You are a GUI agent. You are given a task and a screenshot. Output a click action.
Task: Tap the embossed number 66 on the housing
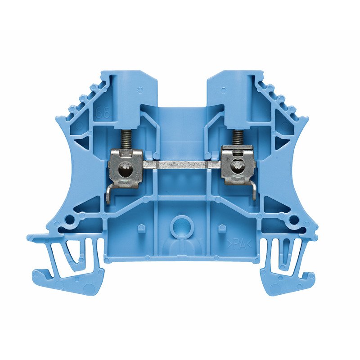coord(103,113)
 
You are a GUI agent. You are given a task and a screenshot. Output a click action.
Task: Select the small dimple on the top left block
coord(141,90)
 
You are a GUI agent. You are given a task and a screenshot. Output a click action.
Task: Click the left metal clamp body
coord(126,166)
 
